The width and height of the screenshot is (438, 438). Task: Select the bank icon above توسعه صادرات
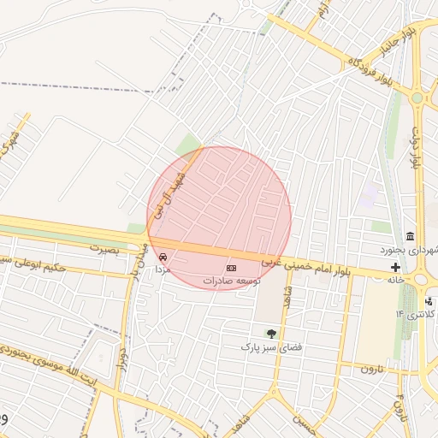tap(231, 269)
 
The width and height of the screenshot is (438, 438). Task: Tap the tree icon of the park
tap(271, 334)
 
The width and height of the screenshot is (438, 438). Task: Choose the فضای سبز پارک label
tap(261, 347)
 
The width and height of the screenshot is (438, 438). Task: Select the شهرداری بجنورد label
tap(410, 250)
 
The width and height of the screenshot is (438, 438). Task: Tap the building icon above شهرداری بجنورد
tap(411, 236)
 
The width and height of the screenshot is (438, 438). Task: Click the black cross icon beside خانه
tap(394, 267)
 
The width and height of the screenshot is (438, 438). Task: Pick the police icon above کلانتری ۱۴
tap(428, 301)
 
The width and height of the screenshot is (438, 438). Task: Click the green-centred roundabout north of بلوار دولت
tap(417, 98)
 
